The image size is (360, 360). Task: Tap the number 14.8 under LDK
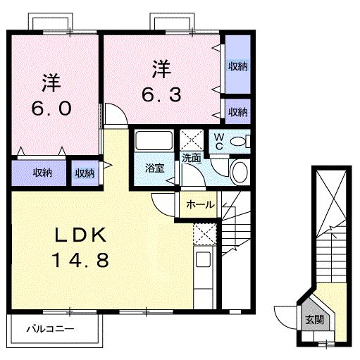click(x=80, y=261)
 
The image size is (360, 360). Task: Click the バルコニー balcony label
click(x=51, y=328)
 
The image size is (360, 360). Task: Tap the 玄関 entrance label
click(x=314, y=319)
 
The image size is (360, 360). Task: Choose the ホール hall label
click(x=201, y=204)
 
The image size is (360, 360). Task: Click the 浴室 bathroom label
click(x=154, y=168)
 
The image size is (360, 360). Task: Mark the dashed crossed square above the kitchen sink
click(x=204, y=232)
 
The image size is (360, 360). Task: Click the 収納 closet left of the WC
click(x=237, y=111)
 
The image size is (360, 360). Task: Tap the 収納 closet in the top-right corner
click(x=237, y=66)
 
